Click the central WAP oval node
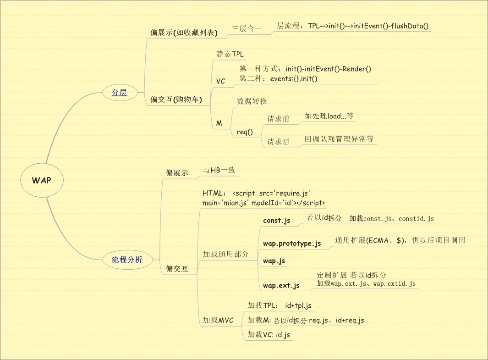(x=42, y=180)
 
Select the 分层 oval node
(x=120, y=92)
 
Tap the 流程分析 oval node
(x=127, y=260)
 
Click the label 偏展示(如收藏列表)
(x=184, y=33)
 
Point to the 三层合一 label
(x=247, y=28)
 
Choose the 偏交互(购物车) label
(x=176, y=99)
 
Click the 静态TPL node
(x=230, y=54)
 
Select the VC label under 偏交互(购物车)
(x=220, y=81)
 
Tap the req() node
(x=244, y=132)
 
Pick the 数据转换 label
(x=252, y=101)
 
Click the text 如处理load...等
(x=329, y=116)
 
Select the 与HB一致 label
(x=219, y=170)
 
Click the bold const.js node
(x=277, y=221)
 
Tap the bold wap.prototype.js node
(x=292, y=243)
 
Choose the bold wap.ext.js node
(x=281, y=285)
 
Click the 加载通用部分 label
(x=226, y=254)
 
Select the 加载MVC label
(x=218, y=320)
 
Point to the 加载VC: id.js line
(x=269, y=335)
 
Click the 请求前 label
(x=278, y=119)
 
